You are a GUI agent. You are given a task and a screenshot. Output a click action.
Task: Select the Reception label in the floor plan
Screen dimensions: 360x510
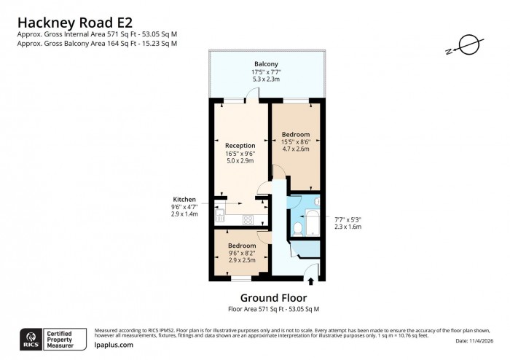[x=240, y=145]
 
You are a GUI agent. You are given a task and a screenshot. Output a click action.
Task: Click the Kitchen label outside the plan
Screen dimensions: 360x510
[x=184, y=199]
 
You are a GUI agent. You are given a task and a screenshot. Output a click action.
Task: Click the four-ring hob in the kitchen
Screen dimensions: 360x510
[x=247, y=218]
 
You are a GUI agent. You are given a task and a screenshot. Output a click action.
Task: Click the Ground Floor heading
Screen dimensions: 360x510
[x=273, y=298]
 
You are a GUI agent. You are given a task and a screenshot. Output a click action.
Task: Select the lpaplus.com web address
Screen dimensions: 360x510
[x=114, y=345]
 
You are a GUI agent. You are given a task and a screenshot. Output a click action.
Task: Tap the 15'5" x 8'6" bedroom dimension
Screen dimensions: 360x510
[x=296, y=142]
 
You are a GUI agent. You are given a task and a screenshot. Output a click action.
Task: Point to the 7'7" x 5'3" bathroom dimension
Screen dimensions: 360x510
[x=348, y=219]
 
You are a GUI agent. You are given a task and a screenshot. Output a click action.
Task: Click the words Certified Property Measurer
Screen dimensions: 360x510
[x=66, y=337]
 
